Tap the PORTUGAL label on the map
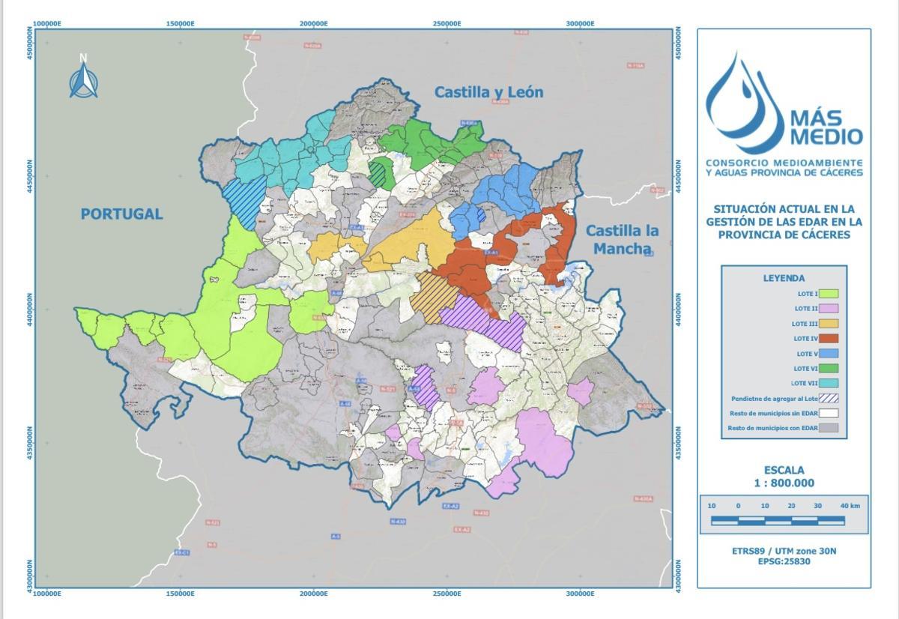(x=121, y=214)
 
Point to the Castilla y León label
(x=489, y=92)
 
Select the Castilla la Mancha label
(x=622, y=239)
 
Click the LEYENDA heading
(x=784, y=278)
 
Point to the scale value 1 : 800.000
(x=784, y=483)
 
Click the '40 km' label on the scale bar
(x=850, y=506)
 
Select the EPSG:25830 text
(x=784, y=561)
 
